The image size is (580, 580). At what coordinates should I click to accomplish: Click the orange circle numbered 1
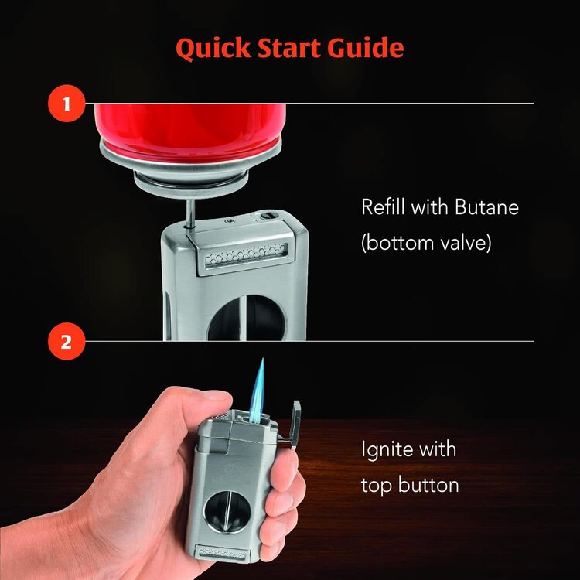point(66,104)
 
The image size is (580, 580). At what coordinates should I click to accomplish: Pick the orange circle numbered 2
point(66,341)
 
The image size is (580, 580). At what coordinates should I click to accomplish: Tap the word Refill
point(384,208)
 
